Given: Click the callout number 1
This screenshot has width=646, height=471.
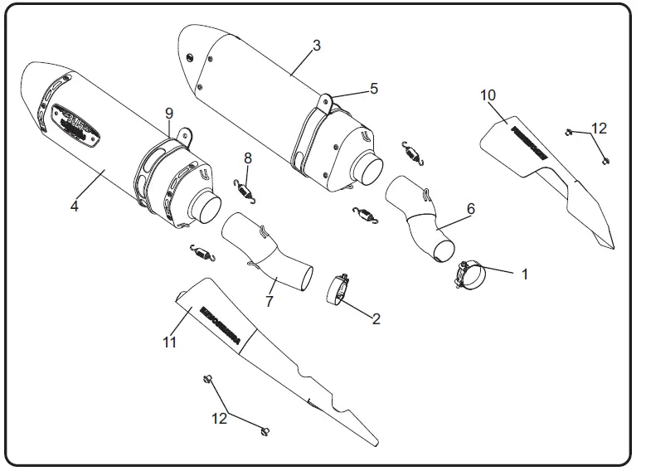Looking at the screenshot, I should coord(523,272).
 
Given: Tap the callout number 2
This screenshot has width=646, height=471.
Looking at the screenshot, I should coord(376,318).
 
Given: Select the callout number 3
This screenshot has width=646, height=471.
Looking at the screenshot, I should coord(316,45).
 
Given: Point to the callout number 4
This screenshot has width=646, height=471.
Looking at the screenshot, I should coord(75,206).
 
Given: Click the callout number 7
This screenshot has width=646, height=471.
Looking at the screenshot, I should coord(269,301).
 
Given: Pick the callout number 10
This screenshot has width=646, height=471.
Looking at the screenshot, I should coord(488,95).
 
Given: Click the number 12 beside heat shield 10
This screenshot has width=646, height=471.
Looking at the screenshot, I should coord(598,128).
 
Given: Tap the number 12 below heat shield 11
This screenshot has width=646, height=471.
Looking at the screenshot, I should coord(220,419).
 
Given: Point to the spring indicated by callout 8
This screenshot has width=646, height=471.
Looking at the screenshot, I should coord(245,191).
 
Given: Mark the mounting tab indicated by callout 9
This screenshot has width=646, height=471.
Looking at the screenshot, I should coord(183,134).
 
